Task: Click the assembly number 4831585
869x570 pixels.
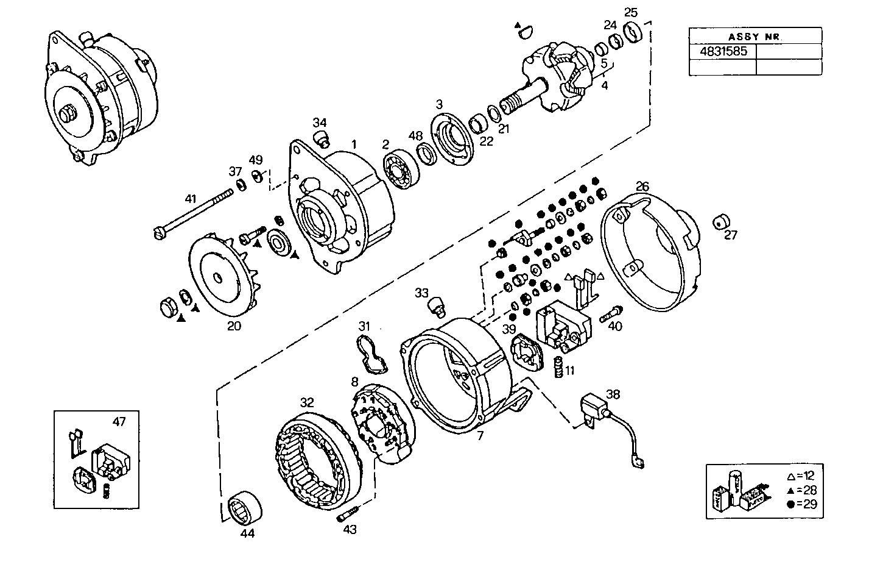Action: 723,51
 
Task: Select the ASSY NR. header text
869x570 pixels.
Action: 755,36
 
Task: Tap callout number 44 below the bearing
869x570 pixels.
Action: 247,533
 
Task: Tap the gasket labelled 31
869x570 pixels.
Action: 372,354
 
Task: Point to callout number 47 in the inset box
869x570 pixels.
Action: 119,421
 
